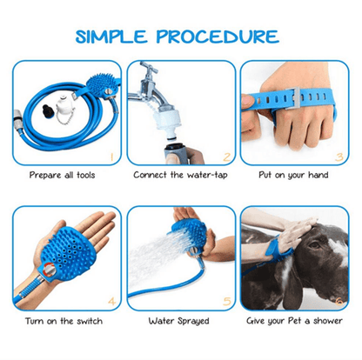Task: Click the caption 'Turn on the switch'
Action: [x=60, y=321]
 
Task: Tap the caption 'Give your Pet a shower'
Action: [x=295, y=321]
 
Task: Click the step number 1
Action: [x=110, y=157]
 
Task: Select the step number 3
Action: [x=342, y=157]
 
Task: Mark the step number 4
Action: [x=110, y=302]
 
